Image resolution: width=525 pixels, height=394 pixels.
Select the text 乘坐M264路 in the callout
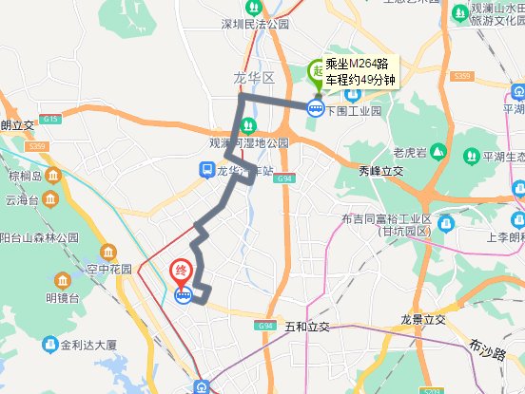coord(356,64)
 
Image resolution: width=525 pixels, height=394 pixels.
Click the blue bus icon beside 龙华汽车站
coord(205,170)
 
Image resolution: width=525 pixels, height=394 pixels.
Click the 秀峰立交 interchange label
coord(381,171)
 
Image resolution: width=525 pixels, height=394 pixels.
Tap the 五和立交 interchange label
coord(306,327)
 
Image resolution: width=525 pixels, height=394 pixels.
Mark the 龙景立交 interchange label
coord(423,320)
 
